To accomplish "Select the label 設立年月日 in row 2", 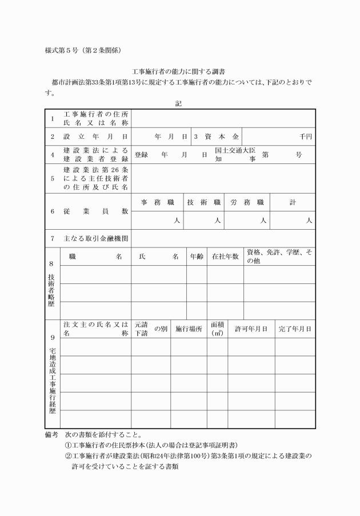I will click(95, 137).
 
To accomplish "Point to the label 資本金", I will click(220, 137).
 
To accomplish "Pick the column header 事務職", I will click(157, 202).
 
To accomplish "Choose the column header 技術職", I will click(204, 202).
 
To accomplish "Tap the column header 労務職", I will click(247, 202).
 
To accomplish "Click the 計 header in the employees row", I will click(293, 202).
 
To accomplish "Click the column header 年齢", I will click(197, 257).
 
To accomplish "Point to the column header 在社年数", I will click(225, 257).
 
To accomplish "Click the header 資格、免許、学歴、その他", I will click(279, 257).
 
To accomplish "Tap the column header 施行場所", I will click(189, 329).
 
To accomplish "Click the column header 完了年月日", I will click(295, 329).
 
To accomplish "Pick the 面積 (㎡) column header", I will click(217, 329).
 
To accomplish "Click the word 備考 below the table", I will click(51, 434).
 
